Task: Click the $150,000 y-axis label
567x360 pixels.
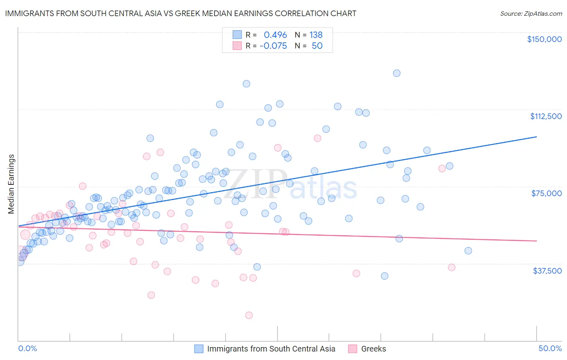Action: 544,39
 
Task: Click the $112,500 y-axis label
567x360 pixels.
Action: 546,116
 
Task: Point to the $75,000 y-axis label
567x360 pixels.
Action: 546,193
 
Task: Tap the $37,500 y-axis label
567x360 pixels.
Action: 547,271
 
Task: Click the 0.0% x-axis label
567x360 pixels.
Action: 28,348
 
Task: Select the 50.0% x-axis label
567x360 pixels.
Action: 550,348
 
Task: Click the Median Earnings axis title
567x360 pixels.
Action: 11,184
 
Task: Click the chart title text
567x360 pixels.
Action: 181,13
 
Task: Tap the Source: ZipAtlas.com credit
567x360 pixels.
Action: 531,13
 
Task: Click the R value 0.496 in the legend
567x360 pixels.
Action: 275,35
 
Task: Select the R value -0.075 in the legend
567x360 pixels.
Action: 273,46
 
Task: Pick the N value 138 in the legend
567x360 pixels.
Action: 316,35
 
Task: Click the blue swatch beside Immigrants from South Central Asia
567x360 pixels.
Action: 199,349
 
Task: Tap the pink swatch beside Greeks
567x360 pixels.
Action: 353,349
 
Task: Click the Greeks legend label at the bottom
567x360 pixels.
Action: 373,349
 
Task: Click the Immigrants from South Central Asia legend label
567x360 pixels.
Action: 271,349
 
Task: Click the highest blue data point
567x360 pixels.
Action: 396,73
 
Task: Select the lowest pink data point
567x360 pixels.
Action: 249,315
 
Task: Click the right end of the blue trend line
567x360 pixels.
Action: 536,137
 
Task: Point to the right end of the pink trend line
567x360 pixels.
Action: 536,241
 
